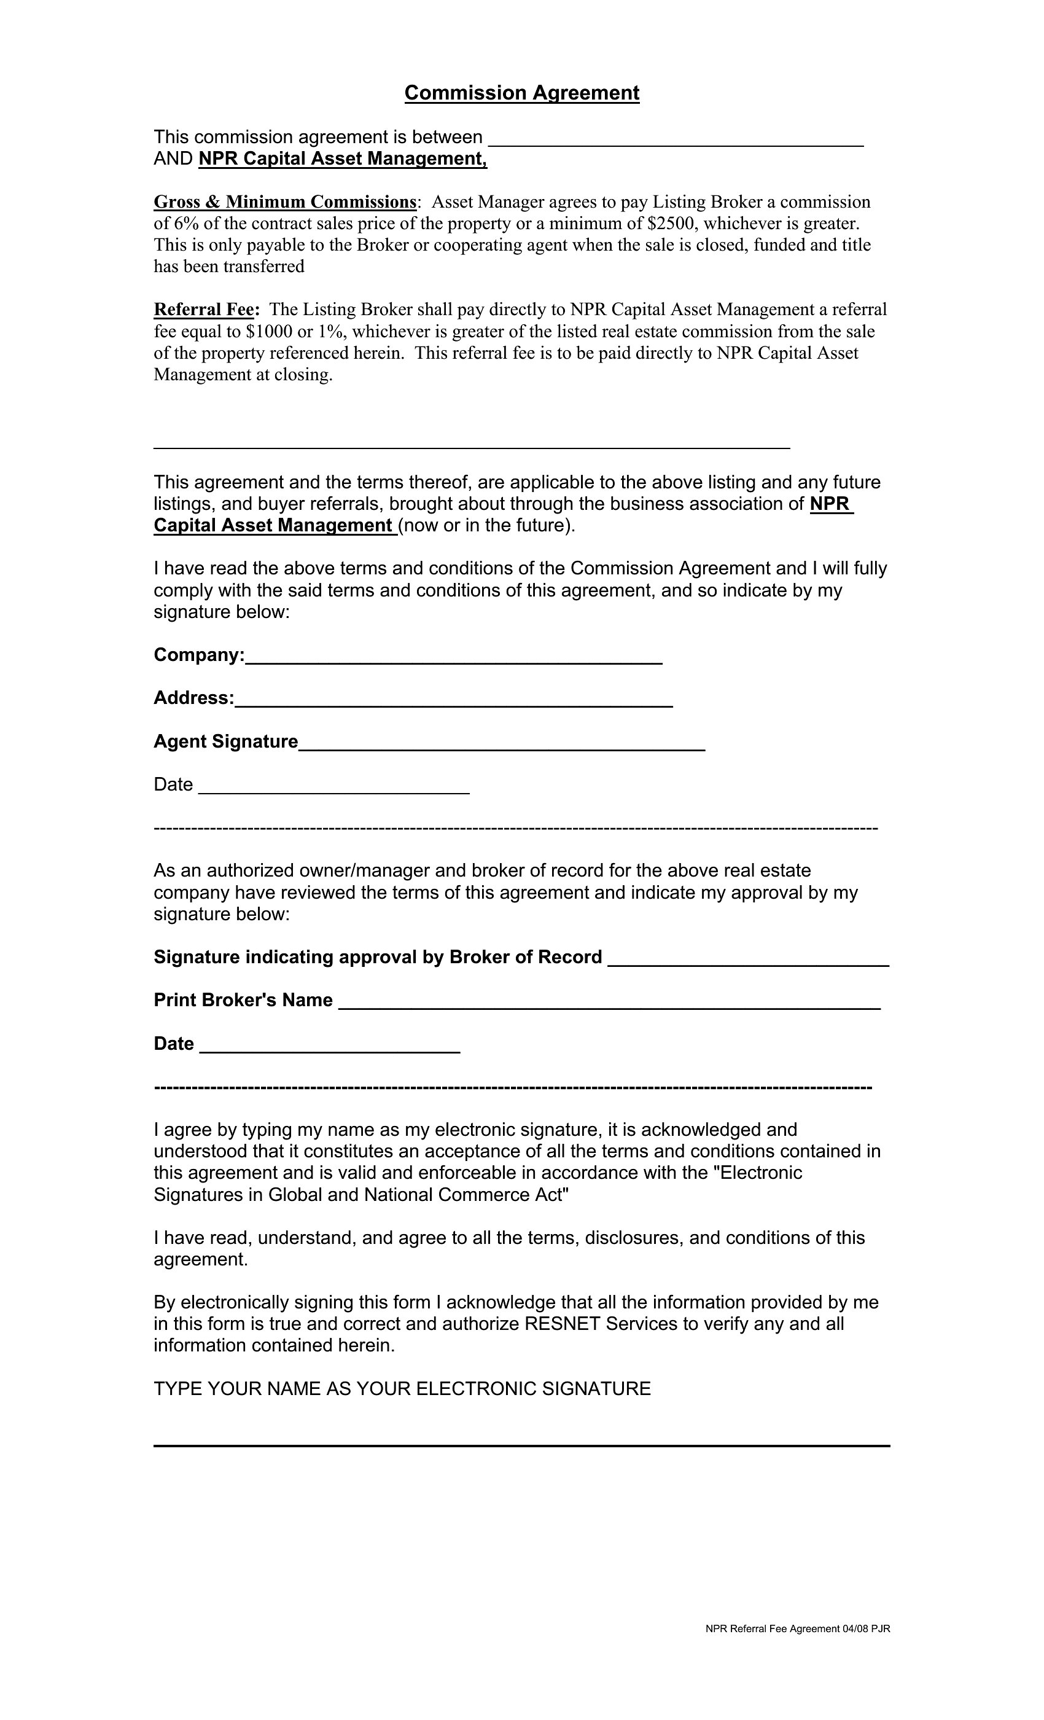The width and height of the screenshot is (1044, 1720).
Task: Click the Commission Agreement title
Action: click(521, 93)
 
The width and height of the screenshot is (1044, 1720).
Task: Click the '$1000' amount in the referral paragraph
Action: click(269, 332)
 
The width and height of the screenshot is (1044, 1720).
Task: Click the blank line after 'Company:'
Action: click(454, 660)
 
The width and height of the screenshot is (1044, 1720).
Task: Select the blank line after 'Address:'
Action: click(454, 703)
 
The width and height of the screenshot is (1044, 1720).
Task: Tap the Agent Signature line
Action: click(501, 746)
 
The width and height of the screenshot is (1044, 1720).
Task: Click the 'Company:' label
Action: click(199, 655)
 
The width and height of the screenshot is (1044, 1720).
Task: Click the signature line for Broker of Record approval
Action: click(748, 962)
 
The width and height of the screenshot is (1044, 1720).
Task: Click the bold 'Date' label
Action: click(174, 1044)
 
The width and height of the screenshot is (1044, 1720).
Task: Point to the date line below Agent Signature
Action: click(333, 789)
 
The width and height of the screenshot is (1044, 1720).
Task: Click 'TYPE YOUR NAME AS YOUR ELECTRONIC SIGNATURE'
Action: click(402, 1389)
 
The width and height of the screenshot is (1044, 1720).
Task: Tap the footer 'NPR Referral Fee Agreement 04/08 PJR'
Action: click(797, 1628)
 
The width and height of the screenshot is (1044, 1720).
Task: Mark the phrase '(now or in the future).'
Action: click(487, 526)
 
